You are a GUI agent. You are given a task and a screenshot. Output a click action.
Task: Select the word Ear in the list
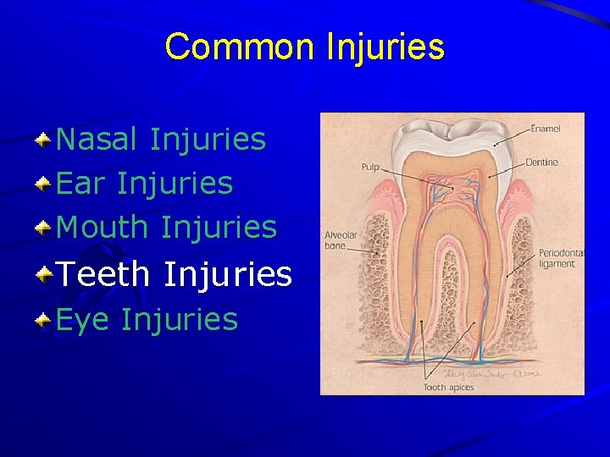[x=81, y=183]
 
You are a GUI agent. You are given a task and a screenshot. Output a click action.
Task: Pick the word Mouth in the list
[x=103, y=227]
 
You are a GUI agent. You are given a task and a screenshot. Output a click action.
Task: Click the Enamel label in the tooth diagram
[x=546, y=129]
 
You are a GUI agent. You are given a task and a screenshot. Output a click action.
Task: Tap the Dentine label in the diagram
[x=541, y=162]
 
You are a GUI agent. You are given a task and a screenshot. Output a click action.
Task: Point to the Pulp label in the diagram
[x=370, y=168]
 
